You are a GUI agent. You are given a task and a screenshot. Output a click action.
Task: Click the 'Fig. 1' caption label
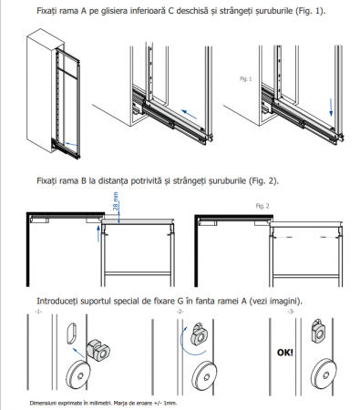[246, 79]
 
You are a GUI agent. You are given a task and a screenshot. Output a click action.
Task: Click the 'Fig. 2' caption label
[262, 206]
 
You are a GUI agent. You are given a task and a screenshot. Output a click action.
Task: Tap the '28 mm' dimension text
[116, 201]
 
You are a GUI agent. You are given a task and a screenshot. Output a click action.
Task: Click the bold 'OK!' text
[285, 353]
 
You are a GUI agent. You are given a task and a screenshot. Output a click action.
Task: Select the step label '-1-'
[38, 312]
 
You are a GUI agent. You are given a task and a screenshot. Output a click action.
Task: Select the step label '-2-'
[180, 312]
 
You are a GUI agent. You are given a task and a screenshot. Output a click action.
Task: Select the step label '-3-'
[291, 312]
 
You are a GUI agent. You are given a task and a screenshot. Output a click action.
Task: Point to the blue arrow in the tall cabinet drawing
[71, 144]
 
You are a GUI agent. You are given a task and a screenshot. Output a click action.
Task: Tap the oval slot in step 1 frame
[70, 333]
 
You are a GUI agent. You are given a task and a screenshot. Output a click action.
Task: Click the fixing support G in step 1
[98, 350]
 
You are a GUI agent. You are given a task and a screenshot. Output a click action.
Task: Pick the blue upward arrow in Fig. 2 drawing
[98, 233]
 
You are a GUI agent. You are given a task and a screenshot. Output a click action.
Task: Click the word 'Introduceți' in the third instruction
[56, 301]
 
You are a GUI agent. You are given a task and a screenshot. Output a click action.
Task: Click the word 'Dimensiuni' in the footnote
[42, 404]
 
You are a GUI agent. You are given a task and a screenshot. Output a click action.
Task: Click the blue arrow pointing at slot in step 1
[78, 354]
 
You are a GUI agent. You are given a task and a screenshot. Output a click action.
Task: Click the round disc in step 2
[204, 375]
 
